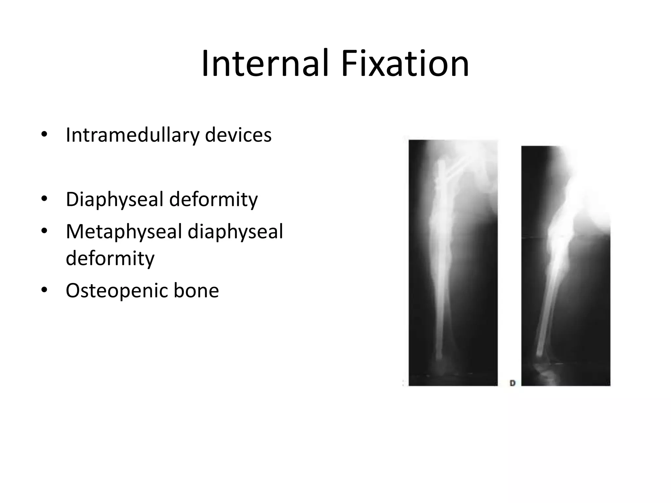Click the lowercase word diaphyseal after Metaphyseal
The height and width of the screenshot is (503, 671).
click(235, 231)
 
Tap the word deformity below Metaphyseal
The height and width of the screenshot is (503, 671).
click(110, 258)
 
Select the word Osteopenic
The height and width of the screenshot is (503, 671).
click(116, 290)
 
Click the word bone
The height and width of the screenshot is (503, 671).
click(196, 290)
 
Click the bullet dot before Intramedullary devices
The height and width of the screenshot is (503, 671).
click(44, 135)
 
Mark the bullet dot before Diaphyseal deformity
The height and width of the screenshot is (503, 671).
click(44, 199)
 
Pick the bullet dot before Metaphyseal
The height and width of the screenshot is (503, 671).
click(44, 232)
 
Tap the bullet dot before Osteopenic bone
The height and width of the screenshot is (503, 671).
click(44, 290)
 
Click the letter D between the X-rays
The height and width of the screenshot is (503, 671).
click(513, 383)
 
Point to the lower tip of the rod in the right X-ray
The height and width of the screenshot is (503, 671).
click(539, 354)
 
